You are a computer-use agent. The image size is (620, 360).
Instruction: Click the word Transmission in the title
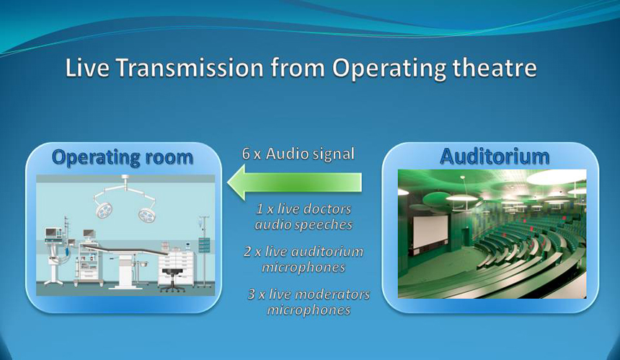(190, 67)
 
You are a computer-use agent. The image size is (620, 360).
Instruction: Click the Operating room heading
(122, 157)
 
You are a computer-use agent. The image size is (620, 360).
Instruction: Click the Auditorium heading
(495, 157)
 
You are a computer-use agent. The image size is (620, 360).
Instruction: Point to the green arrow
(295, 182)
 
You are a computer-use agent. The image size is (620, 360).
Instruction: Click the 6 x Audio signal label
(298, 154)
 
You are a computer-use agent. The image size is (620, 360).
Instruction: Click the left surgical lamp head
(103, 209)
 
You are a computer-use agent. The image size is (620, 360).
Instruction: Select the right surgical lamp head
(147, 214)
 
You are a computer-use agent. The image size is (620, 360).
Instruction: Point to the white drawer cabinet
(177, 267)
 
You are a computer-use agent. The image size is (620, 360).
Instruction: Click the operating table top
(125, 250)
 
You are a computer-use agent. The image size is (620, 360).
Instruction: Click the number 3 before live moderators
(252, 294)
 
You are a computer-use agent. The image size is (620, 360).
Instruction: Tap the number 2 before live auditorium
(247, 252)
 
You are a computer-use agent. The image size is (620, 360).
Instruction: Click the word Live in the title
(87, 67)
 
